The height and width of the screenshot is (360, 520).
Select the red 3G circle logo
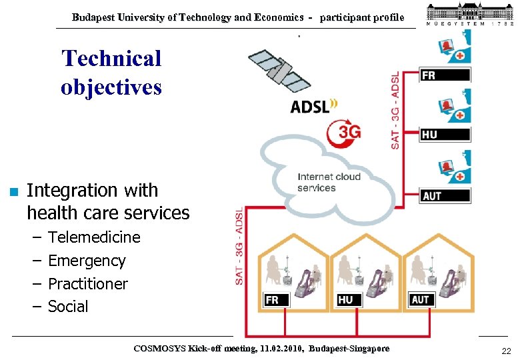click(343, 132)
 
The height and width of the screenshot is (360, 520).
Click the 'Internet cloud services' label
click(329, 182)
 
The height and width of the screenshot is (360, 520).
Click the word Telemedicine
click(94, 237)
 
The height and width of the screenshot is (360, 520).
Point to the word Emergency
click(87, 261)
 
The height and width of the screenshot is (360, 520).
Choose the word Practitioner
click(88, 284)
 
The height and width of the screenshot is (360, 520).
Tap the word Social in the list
click(68, 307)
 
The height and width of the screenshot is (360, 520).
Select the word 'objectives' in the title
click(111, 87)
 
